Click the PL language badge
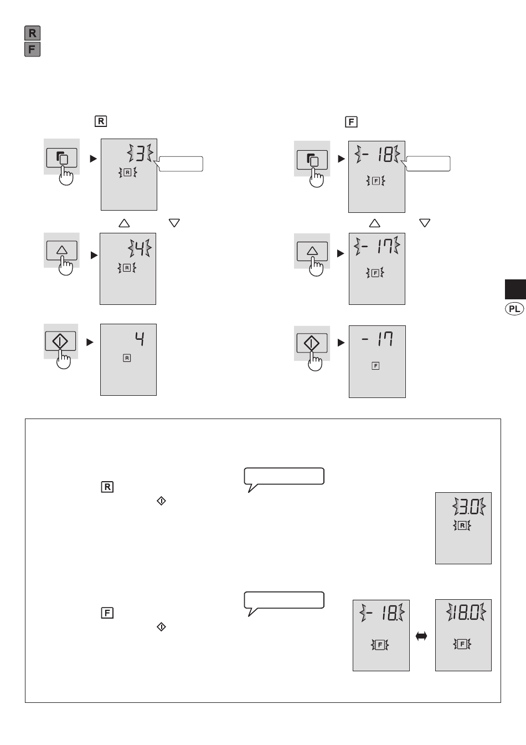(x=514, y=309)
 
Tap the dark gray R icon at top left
(x=32, y=33)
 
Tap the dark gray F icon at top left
(x=32, y=49)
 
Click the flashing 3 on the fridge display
(x=140, y=153)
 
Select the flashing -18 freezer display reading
(x=377, y=154)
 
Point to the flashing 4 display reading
(x=140, y=248)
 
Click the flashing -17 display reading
(x=377, y=247)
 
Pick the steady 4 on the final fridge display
(x=140, y=339)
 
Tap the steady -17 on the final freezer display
(x=378, y=339)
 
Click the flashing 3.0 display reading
(x=469, y=507)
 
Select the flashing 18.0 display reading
(x=466, y=613)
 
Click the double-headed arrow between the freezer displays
(x=421, y=636)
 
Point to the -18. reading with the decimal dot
(x=382, y=613)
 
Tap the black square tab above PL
(x=515, y=289)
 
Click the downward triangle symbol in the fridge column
(x=174, y=223)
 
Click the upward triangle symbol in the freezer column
(x=374, y=223)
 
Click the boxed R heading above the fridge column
(x=101, y=121)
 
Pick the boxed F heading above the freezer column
(x=351, y=122)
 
